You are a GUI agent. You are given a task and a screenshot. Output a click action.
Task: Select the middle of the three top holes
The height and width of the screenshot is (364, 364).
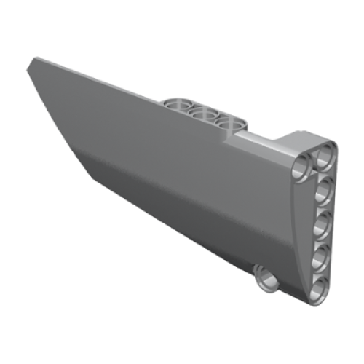click(205, 115)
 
